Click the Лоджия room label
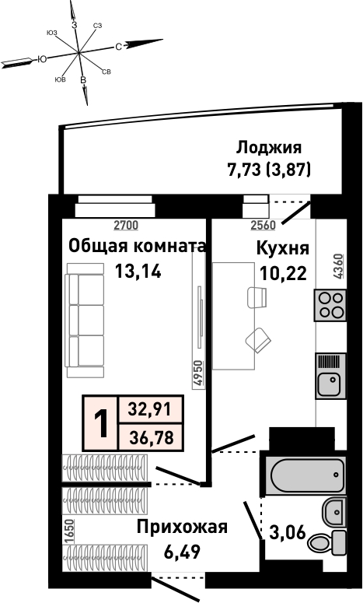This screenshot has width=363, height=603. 269,147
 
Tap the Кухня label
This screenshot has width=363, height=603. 283,248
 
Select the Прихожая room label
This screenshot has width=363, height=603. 182,527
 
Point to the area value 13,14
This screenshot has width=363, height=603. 138,272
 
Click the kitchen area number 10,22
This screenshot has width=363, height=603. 284,274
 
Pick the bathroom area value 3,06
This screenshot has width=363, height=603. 288,533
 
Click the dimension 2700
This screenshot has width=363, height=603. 127,226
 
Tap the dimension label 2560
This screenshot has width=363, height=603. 264,226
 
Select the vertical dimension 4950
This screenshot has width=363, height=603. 197,373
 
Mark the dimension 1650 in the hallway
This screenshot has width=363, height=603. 69,531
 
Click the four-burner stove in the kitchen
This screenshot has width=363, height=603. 330,305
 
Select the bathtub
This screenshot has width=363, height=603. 307,475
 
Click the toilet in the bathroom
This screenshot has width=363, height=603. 327,542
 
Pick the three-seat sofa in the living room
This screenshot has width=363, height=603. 85,321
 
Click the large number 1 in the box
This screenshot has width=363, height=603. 101,423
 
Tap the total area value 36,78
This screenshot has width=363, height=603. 151,437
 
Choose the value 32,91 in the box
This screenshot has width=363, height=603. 149,408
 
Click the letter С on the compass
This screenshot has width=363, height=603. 119,47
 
